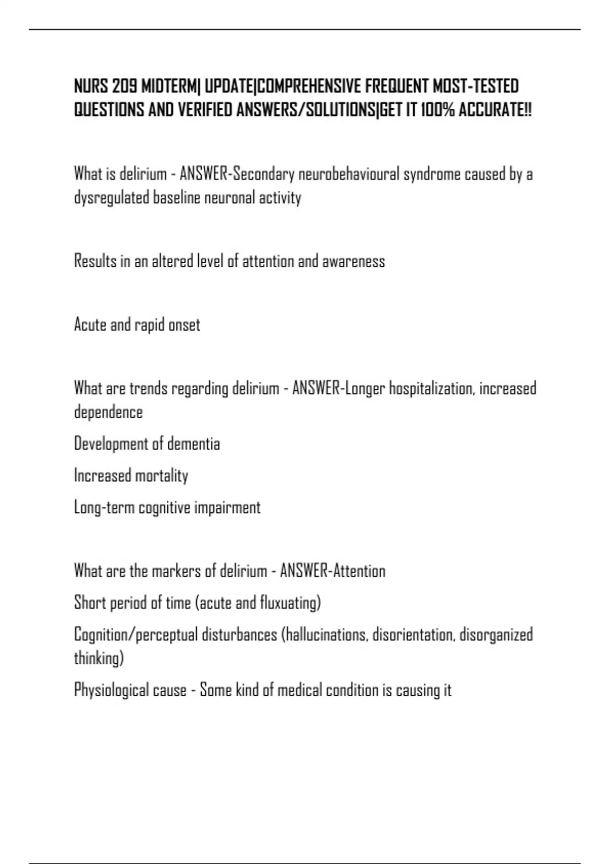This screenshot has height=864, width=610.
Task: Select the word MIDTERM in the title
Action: click(x=169, y=87)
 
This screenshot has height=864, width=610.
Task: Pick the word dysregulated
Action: click(x=112, y=198)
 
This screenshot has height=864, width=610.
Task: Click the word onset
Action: click(x=184, y=325)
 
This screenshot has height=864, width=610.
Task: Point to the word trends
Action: click(x=148, y=389)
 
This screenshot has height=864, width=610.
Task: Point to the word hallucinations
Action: click(x=326, y=635)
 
